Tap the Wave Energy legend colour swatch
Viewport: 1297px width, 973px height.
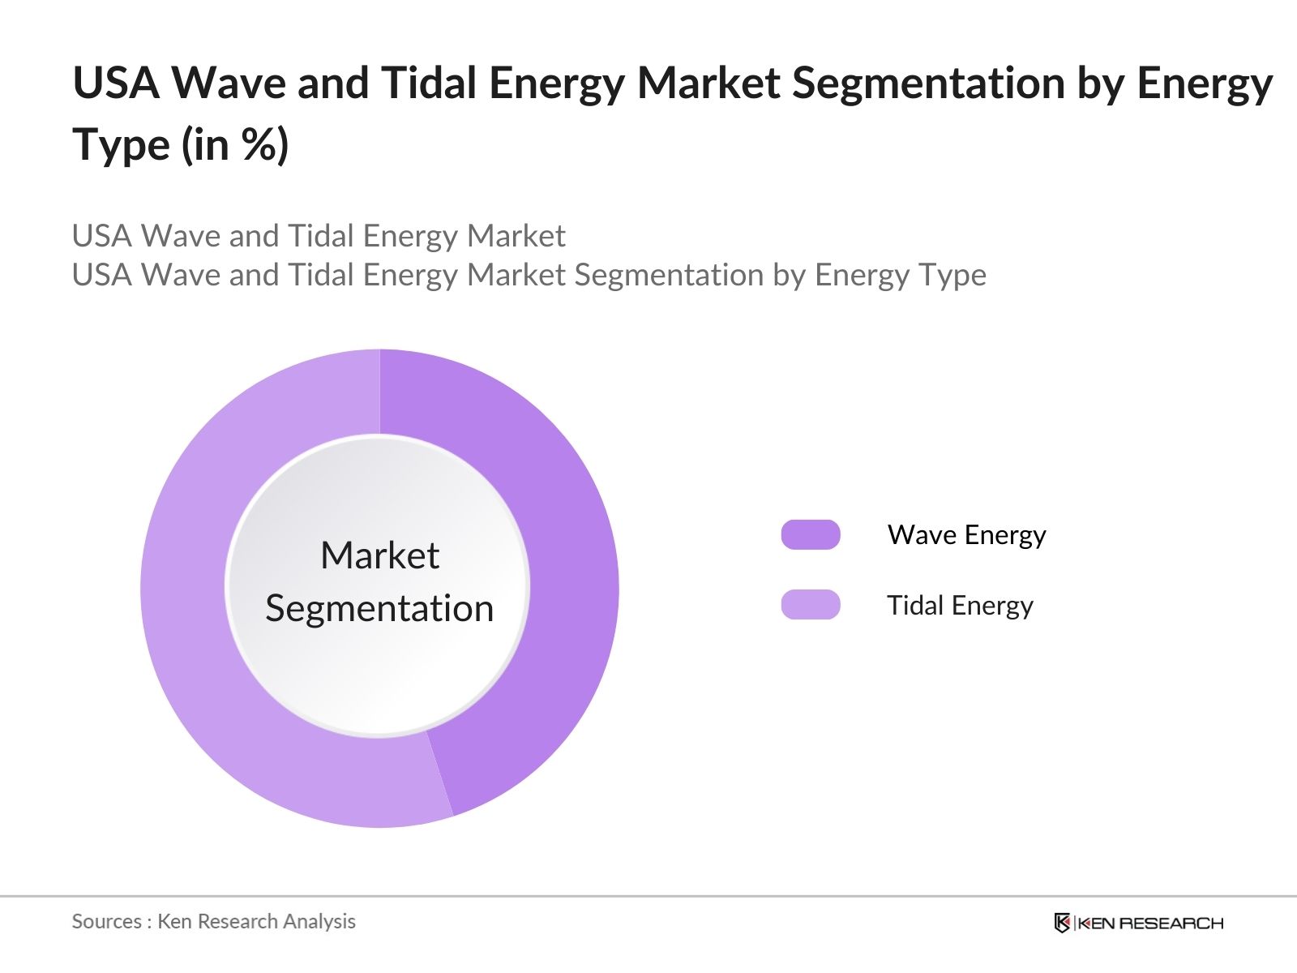(x=810, y=535)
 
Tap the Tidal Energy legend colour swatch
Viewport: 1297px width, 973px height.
(x=810, y=605)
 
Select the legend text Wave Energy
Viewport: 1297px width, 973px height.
(x=966, y=535)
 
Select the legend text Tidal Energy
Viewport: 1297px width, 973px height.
(x=960, y=606)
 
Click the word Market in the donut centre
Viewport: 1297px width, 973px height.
(x=379, y=556)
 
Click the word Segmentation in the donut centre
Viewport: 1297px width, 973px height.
(x=379, y=608)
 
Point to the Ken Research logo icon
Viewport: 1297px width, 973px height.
(x=1062, y=923)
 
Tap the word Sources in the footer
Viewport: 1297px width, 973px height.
(x=106, y=921)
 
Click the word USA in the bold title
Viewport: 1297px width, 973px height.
(x=116, y=83)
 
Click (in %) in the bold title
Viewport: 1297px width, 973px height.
(x=235, y=145)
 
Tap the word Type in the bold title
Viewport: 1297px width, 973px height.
(x=122, y=145)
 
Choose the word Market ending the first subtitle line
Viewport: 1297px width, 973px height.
(x=516, y=236)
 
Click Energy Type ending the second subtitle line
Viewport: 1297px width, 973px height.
(x=900, y=275)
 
